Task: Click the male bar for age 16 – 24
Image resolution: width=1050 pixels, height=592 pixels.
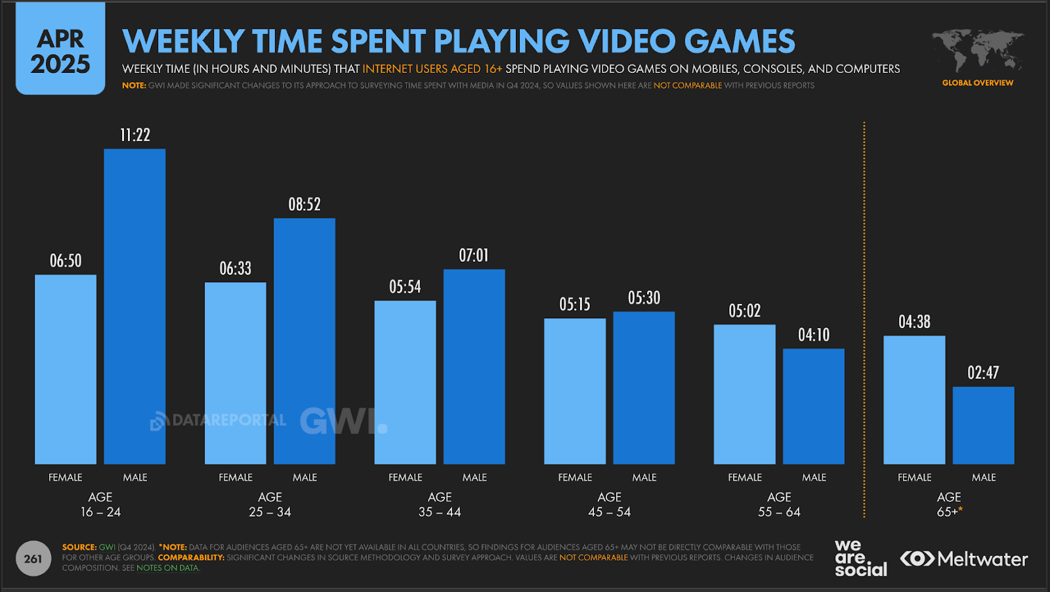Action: click(x=135, y=307)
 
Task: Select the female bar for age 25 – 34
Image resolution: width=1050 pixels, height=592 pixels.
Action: click(x=235, y=373)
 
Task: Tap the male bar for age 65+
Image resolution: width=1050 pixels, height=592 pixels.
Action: click(x=983, y=425)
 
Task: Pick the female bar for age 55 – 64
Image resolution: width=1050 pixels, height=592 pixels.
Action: click(x=744, y=394)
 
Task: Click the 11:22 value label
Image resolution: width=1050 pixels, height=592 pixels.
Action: click(x=135, y=135)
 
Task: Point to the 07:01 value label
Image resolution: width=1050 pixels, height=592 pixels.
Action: click(x=474, y=255)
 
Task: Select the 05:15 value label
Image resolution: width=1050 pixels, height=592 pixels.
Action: click(x=575, y=305)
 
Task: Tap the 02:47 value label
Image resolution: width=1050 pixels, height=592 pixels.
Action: click(x=983, y=373)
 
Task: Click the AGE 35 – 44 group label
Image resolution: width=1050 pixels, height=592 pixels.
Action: click(x=440, y=505)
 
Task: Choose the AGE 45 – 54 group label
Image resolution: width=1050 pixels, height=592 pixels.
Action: click(x=609, y=505)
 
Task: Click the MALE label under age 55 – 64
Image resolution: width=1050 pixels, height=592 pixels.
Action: click(x=814, y=478)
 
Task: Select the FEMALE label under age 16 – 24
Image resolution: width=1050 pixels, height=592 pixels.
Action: click(x=66, y=478)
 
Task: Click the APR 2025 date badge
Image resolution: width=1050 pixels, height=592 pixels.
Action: click(x=60, y=51)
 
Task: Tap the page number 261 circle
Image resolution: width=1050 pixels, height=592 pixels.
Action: click(x=33, y=559)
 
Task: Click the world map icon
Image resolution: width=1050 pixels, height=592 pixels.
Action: click(x=978, y=51)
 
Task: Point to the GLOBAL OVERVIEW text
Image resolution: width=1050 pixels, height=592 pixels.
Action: click(x=978, y=83)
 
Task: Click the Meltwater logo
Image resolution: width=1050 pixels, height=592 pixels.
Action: click(x=963, y=559)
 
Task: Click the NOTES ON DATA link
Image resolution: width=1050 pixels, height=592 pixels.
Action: click(x=168, y=568)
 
